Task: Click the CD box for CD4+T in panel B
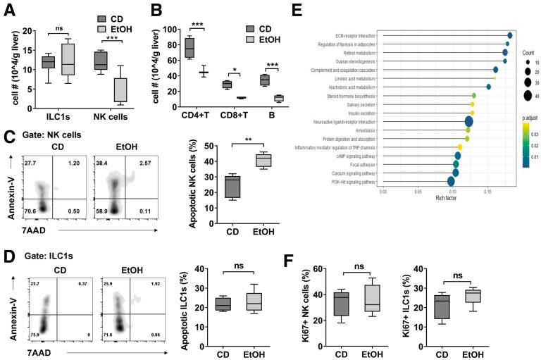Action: (x=189, y=48)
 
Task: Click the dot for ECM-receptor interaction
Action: (x=509, y=35)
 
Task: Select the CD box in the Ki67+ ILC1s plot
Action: (x=440, y=308)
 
